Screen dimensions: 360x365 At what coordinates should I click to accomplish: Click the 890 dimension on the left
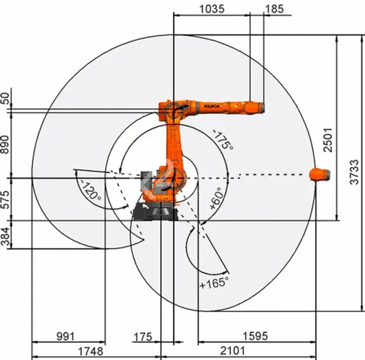tap(7, 145)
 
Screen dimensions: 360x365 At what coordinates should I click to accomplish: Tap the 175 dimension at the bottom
tap(143, 336)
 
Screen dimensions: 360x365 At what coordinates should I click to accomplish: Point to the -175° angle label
tap(222, 139)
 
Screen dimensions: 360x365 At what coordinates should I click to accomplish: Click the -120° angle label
tap(90, 190)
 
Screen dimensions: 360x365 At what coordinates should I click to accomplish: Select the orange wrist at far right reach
tap(320, 174)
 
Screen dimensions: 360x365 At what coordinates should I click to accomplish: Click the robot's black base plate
tap(154, 212)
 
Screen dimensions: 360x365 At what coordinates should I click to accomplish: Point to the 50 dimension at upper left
tap(6, 98)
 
